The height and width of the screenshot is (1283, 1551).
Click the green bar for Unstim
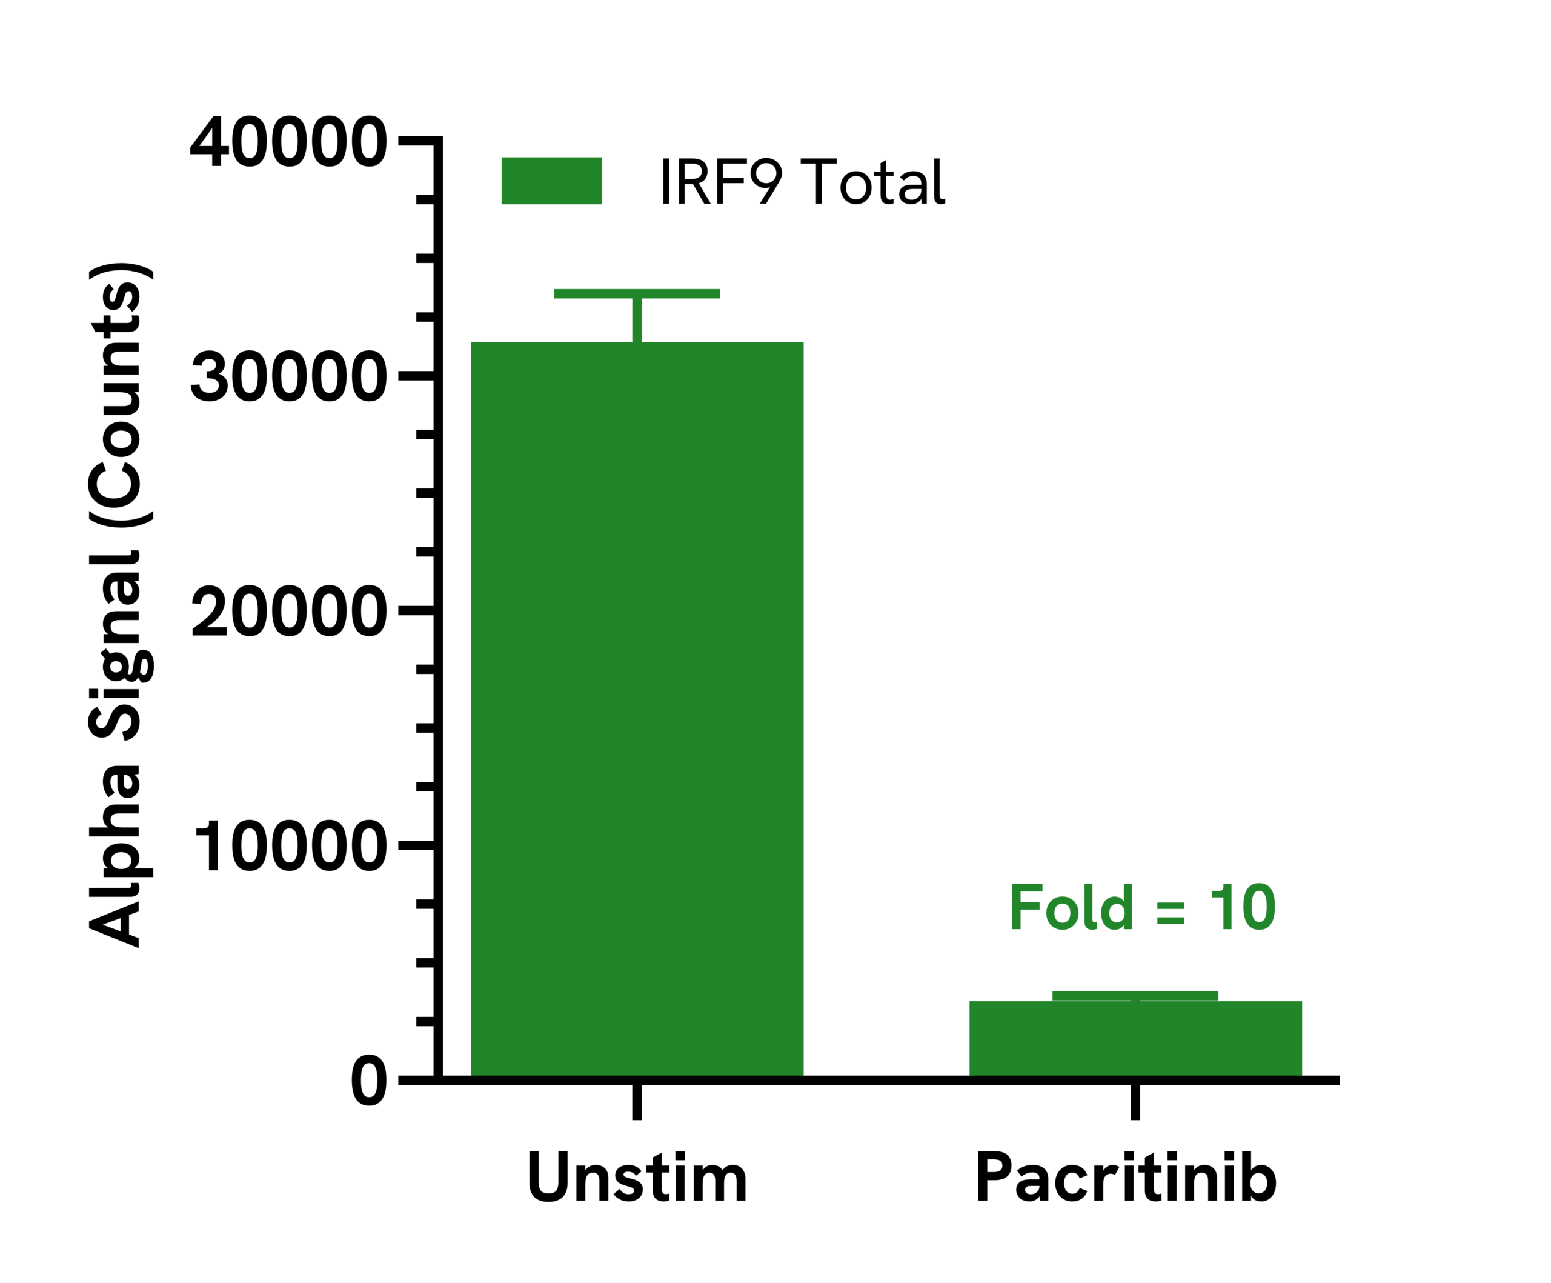click(637, 709)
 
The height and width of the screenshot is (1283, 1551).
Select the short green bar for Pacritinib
click(1135, 1039)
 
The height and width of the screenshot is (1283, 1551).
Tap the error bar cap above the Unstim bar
click(637, 294)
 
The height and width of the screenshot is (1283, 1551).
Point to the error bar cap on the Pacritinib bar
click(1135, 996)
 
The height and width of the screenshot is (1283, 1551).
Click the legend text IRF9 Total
click(803, 181)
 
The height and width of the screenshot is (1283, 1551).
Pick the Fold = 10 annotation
click(1143, 907)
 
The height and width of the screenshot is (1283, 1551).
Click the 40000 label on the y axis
click(289, 142)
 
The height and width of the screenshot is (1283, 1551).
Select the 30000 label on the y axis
click(289, 378)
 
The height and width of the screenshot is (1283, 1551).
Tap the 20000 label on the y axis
click(289, 612)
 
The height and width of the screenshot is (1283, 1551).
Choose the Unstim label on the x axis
click(637, 1178)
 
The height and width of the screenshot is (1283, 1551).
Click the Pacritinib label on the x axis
click(1126, 1178)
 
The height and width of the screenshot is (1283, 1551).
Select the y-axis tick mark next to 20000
click(417, 611)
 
